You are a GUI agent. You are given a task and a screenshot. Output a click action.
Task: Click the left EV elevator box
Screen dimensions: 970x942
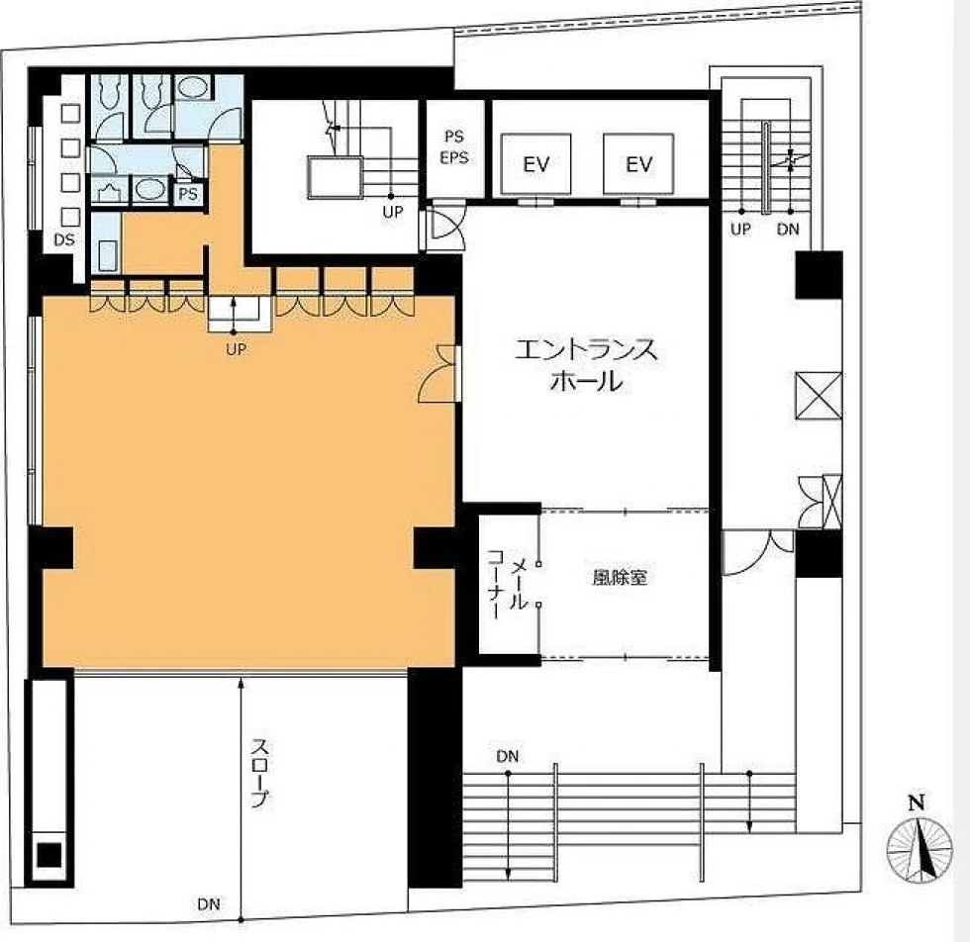pyautogui.click(x=535, y=164)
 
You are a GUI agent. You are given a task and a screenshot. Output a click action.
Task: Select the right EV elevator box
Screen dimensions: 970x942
pyautogui.click(x=638, y=164)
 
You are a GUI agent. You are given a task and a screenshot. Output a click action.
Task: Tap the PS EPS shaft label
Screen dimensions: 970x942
pyautogui.click(x=454, y=147)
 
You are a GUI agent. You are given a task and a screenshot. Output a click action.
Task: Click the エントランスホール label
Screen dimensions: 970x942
pyautogui.click(x=586, y=365)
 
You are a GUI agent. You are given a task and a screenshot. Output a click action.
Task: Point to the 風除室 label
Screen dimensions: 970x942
pyautogui.click(x=620, y=577)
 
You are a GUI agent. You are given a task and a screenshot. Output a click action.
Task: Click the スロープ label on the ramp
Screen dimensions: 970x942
pyautogui.click(x=259, y=773)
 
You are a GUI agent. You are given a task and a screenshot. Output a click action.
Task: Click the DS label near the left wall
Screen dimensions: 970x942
pyautogui.click(x=63, y=239)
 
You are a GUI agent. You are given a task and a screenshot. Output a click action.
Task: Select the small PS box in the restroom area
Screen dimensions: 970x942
pyautogui.click(x=188, y=194)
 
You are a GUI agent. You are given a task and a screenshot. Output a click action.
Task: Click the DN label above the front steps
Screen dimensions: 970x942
pyautogui.click(x=507, y=756)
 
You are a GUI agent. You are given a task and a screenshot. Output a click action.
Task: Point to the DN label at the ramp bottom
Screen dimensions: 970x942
pyautogui.click(x=209, y=904)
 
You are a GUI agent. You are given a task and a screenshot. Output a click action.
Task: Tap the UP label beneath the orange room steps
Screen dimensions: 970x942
pyautogui.click(x=236, y=349)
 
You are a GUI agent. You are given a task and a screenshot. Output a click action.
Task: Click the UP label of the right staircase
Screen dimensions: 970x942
pyautogui.click(x=740, y=230)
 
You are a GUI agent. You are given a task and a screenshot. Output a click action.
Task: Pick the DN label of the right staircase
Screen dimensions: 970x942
pyautogui.click(x=788, y=230)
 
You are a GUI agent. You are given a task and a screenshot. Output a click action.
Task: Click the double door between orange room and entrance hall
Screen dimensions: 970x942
pyautogui.click(x=440, y=374)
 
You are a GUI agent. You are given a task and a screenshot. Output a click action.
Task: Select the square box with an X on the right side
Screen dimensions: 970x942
pyautogui.click(x=819, y=395)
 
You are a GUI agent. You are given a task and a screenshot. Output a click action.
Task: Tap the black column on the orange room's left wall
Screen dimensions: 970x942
pyautogui.click(x=50, y=548)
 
